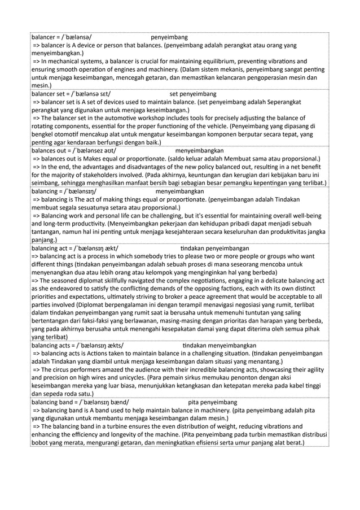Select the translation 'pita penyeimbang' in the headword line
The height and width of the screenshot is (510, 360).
pyautogui.click(x=212, y=402)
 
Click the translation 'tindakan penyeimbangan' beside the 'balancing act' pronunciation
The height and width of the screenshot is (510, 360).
pyautogui.click(x=214, y=248)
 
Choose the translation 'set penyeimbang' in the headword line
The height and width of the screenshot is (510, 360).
pyautogui.click(x=191, y=93)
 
